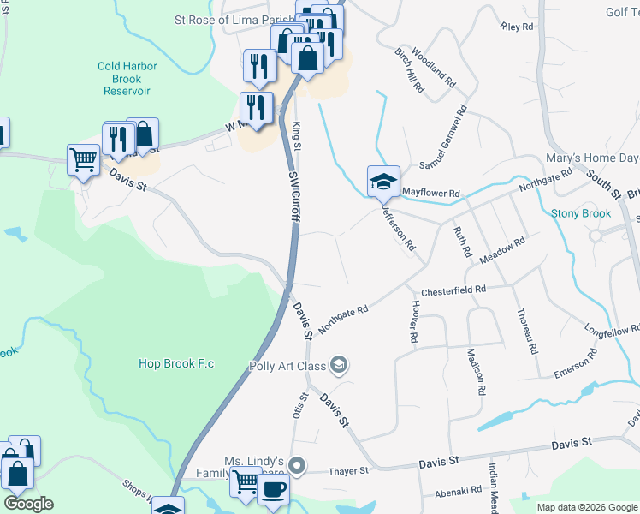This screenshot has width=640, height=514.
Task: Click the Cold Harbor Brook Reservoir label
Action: pos(124,78)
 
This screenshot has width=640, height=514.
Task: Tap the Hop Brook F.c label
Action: pos(176,363)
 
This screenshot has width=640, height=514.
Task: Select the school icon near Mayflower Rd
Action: pos(383,182)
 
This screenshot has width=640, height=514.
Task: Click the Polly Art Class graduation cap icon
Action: pos(339,366)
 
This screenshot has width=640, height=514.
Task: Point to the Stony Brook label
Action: pos(581,213)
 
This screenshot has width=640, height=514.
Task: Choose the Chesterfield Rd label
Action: pos(453,290)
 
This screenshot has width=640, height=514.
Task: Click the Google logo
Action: pos(28,504)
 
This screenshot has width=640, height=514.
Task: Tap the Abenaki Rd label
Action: pos(458,491)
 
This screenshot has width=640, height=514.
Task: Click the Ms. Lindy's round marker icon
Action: pos(297,467)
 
